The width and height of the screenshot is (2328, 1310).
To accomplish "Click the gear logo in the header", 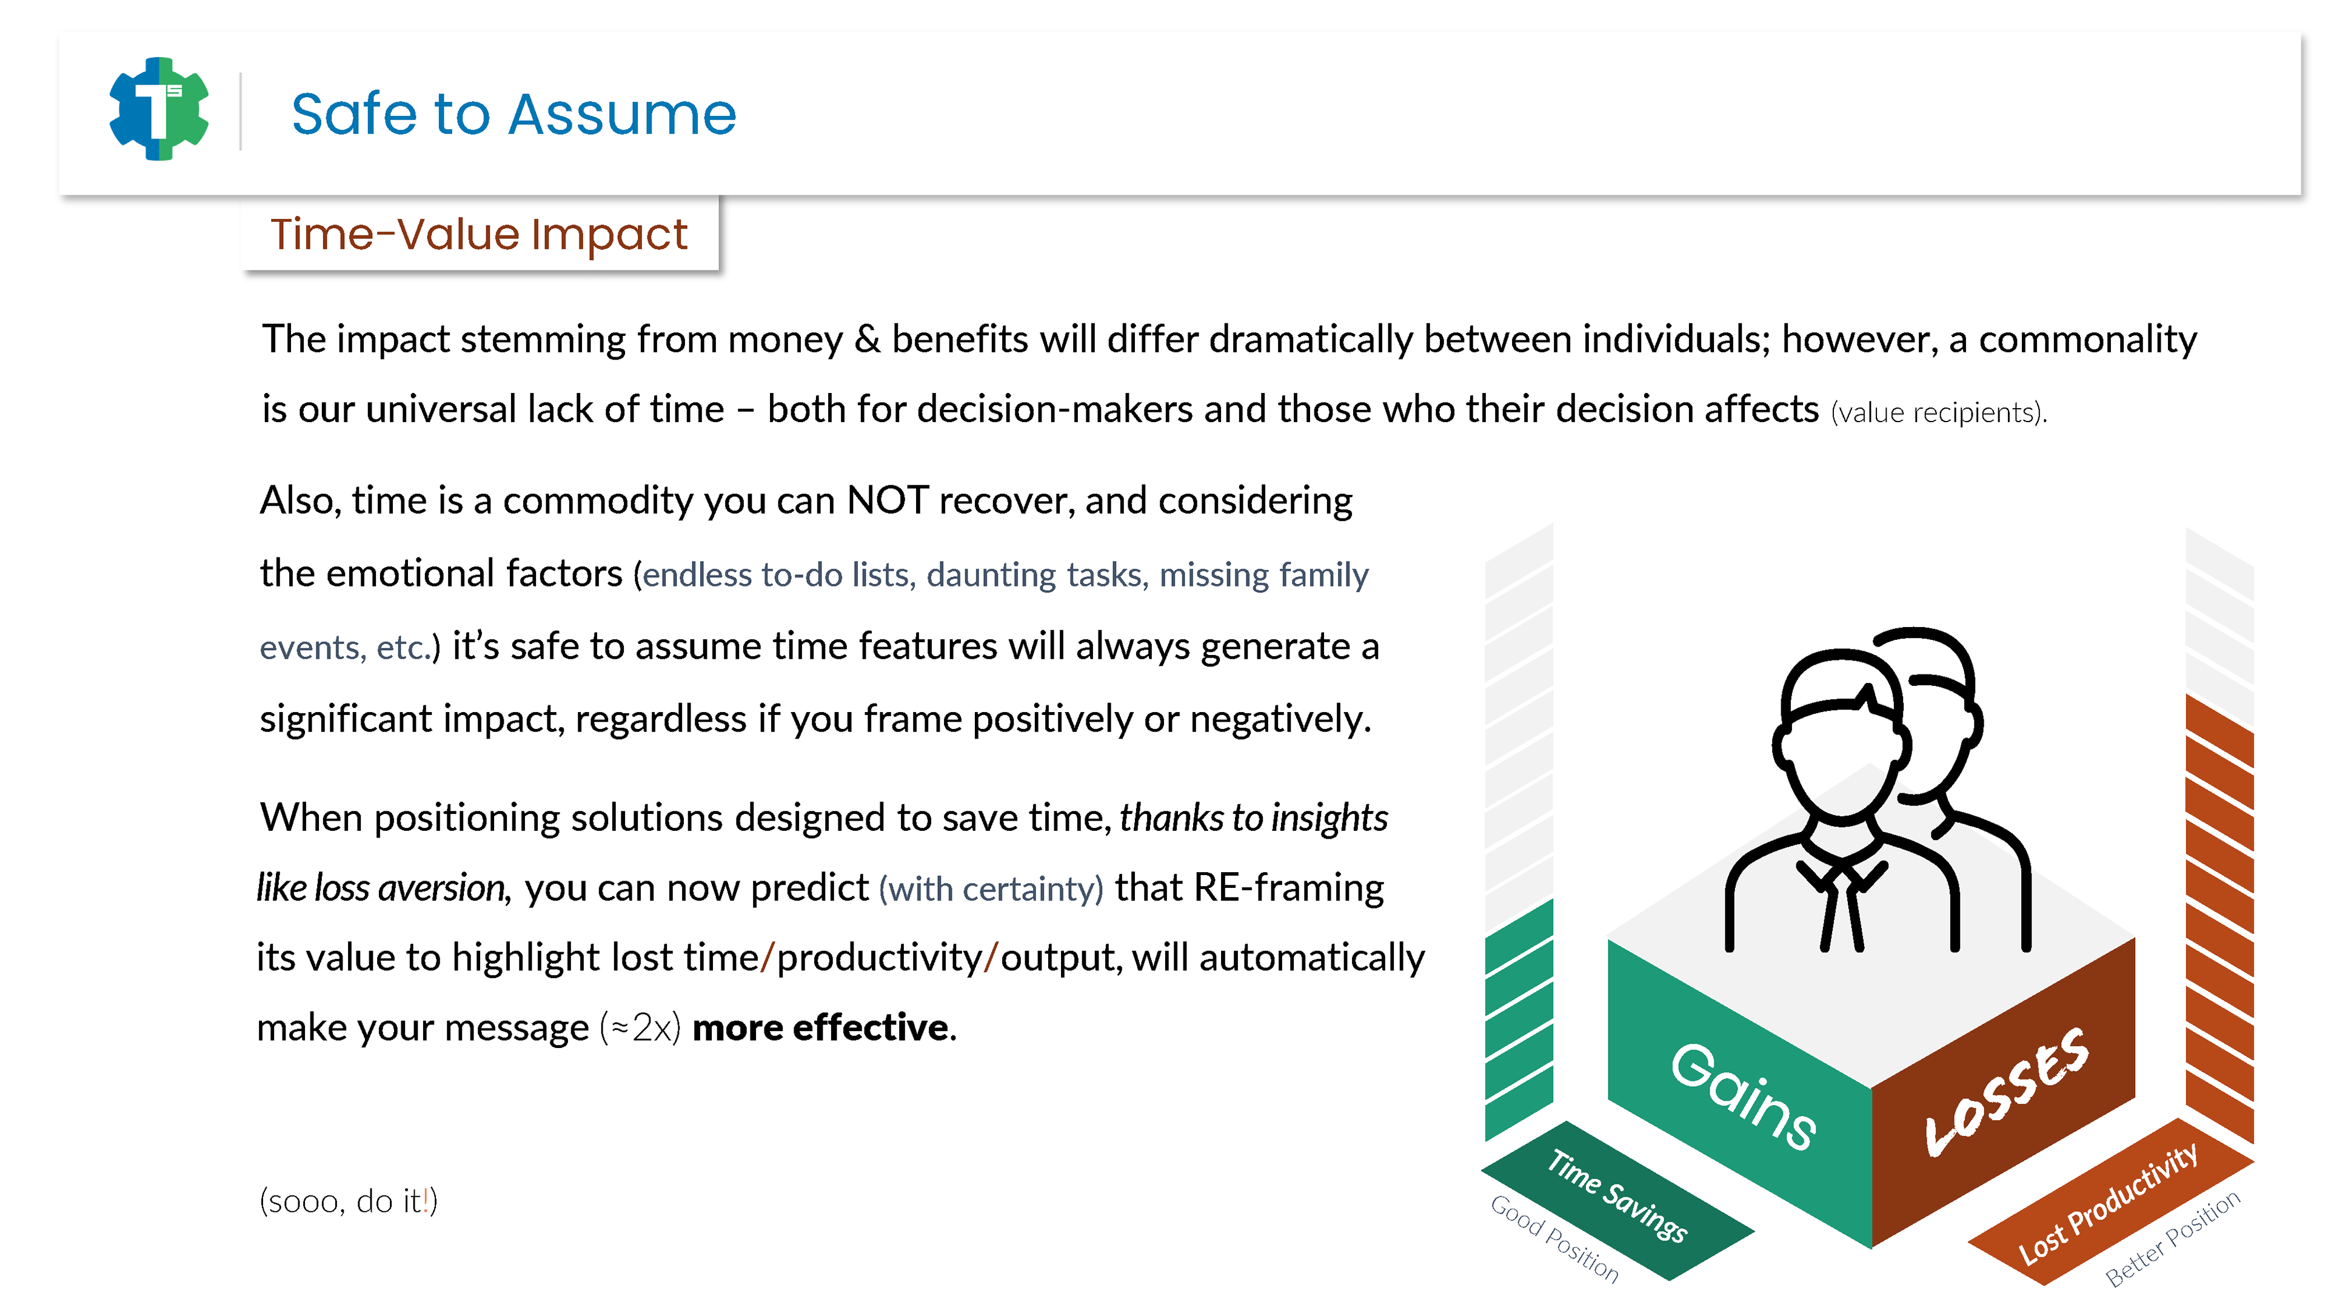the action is click(159, 109).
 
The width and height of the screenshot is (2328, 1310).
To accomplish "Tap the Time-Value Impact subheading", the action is click(479, 234).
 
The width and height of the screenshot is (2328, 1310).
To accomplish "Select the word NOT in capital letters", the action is click(888, 500).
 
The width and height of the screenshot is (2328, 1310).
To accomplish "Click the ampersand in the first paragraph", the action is click(868, 340).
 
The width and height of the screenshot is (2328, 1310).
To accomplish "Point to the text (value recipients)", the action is click(1939, 413).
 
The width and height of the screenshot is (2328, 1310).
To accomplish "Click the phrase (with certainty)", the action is click(991, 888).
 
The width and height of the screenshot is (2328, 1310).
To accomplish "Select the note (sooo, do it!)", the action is click(349, 1201).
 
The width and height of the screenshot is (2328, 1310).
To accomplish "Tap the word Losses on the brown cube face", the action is click(2006, 1092).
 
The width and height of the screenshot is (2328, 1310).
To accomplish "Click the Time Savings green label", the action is click(1617, 1195).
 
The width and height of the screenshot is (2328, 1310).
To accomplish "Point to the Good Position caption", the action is click(1554, 1238).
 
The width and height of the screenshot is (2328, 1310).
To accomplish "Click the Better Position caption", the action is click(2173, 1238).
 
